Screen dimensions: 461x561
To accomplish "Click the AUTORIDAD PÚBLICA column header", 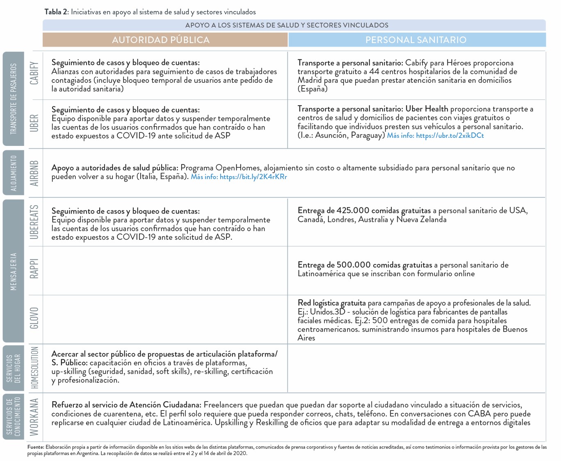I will tap(161, 40).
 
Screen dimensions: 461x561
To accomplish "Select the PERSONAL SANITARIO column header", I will tap(416, 40).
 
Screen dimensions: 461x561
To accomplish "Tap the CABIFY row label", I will tap(34, 73).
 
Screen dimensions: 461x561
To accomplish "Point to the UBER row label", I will tap(34, 123).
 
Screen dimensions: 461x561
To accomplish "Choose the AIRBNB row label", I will tap(34, 173).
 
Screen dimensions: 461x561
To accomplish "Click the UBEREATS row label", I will tap(34, 222).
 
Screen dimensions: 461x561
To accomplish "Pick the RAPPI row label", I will tap(34, 269).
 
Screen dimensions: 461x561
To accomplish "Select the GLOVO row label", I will tap(34, 318).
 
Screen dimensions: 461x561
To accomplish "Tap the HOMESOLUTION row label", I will tap(34, 368).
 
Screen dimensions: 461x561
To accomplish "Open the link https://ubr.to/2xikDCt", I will tap(450, 136).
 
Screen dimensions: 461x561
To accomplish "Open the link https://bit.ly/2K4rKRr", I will tap(253, 177).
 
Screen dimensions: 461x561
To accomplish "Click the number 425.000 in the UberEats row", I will tap(353, 211).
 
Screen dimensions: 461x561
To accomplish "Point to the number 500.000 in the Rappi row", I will tap(353, 265).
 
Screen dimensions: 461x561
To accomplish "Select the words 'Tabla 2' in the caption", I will tap(56, 12).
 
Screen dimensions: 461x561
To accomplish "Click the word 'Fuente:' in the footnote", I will tap(36, 447).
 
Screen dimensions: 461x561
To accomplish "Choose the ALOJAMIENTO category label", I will tap(14, 173).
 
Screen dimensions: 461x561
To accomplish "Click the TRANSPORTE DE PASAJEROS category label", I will tap(14, 99).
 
